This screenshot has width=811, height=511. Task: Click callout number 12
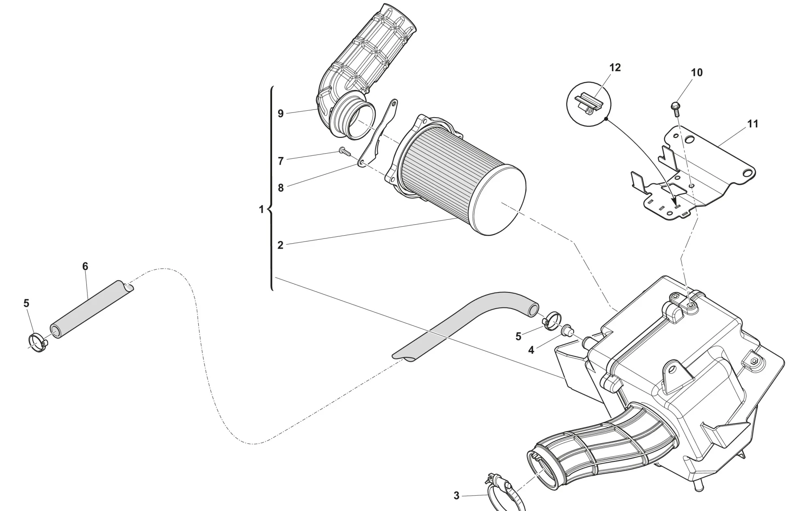click(x=615, y=68)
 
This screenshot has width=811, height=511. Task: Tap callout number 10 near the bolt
click(x=696, y=73)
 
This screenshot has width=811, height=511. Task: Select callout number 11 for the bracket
click(x=752, y=124)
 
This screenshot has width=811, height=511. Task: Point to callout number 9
click(x=281, y=114)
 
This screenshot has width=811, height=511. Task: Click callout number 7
click(x=281, y=161)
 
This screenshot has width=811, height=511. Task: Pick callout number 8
click(x=281, y=188)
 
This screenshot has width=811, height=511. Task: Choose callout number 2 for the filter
click(x=281, y=245)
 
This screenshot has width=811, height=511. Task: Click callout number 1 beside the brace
click(x=261, y=209)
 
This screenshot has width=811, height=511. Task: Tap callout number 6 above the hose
click(x=85, y=266)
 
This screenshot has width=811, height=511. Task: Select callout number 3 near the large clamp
click(x=456, y=496)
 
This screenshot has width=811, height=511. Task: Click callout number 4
click(x=531, y=350)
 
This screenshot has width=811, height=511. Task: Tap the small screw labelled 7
click(x=344, y=152)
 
